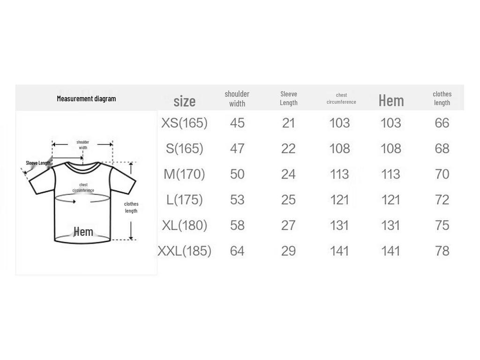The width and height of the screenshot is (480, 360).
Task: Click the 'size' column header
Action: click(x=184, y=101)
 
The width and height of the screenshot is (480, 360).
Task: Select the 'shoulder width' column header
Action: click(x=237, y=98)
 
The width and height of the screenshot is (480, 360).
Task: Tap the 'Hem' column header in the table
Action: click(x=391, y=100)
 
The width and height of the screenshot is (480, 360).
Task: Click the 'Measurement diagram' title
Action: click(x=86, y=98)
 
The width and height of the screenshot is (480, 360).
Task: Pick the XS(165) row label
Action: click(x=184, y=123)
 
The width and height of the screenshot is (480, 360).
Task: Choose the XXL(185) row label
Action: click(x=184, y=251)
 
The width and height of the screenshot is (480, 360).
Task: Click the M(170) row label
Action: click(x=184, y=174)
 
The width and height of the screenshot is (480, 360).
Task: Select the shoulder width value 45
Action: click(x=237, y=123)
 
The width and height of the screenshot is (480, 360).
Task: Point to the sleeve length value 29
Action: click(x=288, y=251)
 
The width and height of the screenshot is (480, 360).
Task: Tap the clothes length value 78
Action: click(x=442, y=251)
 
